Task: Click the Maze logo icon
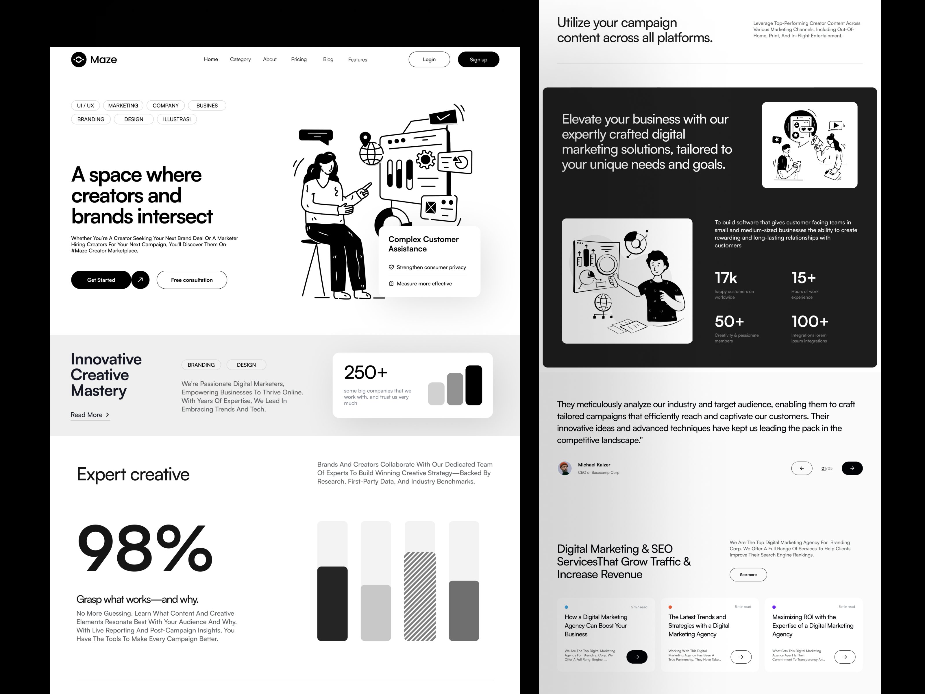(79, 59)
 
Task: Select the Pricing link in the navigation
(299, 59)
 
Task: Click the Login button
(429, 59)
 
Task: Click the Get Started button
(101, 280)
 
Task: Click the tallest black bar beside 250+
(473, 385)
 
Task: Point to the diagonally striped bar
(419, 596)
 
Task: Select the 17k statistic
(726, 278)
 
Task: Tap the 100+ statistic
(809, 321)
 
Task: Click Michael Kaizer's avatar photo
(564, 468)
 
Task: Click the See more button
(748, 574)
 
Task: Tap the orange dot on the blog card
(670, 607)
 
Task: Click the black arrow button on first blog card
(637, 657)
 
